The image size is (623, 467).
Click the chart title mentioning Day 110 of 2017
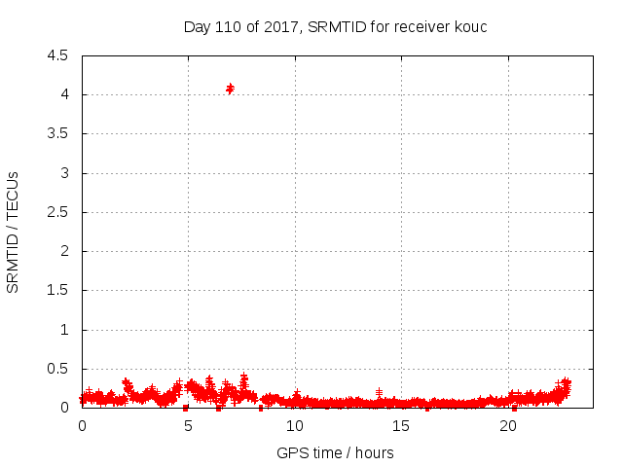335,26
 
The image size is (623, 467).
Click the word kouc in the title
469,26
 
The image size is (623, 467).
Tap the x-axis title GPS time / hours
335,452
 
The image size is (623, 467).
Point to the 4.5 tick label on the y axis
57,55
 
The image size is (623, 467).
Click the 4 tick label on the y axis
63,94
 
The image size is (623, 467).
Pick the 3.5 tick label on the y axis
57,134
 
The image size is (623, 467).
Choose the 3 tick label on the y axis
63,173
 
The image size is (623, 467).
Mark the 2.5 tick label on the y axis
57,212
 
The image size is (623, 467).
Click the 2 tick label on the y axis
63,251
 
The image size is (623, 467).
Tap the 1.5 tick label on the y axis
57,291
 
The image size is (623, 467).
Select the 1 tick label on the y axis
63,330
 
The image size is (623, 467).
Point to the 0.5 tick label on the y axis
57,369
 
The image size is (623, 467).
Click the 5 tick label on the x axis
189,426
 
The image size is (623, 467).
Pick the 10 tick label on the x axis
295,426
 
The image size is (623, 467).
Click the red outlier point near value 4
231,89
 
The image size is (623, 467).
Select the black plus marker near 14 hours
379,392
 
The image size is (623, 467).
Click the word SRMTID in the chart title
336,26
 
